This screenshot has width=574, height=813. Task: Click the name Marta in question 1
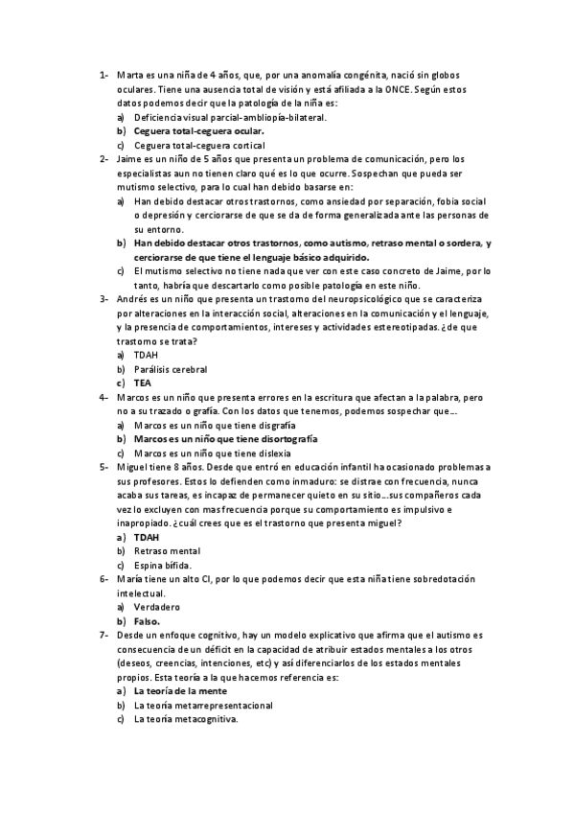click(x=129, y=75)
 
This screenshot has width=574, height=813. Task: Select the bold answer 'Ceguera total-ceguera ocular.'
click(x=199, y=130)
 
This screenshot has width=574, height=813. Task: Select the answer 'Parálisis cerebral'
click(x=171, y=369)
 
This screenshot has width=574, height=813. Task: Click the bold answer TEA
click(x=143, y=383)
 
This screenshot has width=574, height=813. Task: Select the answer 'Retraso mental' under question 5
click(x=167, y=551)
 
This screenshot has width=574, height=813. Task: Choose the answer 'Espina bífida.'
click(x=163, y=566)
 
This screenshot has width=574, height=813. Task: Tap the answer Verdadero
click(x=157, y=608)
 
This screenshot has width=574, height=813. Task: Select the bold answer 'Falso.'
click(x=147, y=621)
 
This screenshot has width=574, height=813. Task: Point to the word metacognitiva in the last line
click(x=205, y=719)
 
